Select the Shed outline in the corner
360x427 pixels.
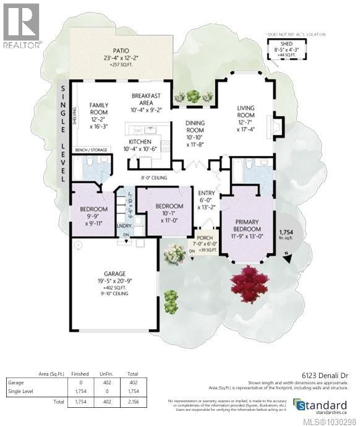(286, 50)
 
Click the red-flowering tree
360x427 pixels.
(249, 282)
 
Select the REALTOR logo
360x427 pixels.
(22, 25)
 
